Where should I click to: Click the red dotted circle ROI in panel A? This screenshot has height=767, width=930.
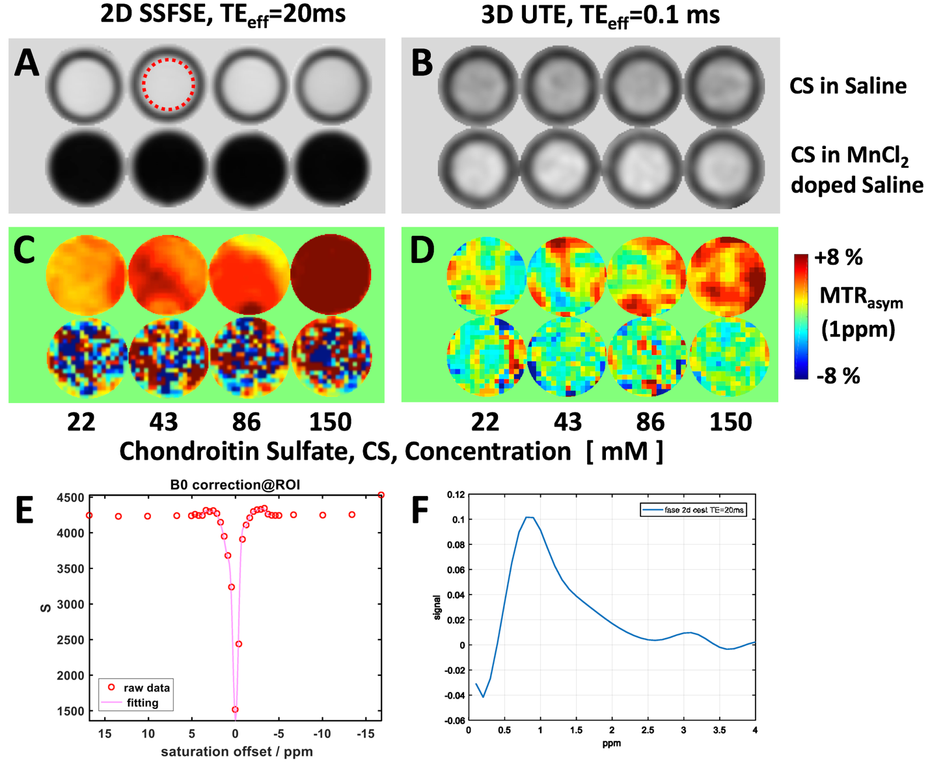[168, 85]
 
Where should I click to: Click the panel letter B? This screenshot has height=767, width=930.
[422, 63]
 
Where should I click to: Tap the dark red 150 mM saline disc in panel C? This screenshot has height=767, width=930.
[331, 273]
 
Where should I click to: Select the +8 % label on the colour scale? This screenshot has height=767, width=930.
[838, 257]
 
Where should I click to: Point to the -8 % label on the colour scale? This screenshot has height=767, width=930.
[838, 376]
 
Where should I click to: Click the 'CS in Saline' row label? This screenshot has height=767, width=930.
[847, 86]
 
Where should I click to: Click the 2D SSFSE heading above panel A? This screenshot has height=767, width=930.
[223, 14]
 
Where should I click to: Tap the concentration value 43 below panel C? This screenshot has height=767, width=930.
[163, 422]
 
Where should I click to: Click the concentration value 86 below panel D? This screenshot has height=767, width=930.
[650, 422]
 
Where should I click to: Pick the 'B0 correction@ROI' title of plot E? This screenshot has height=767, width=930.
[235, 484]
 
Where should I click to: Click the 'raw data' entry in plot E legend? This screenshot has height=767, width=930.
[146, 688]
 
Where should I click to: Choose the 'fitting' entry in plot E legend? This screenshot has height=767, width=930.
[142, 703]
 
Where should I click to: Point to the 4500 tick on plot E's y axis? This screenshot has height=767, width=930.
[70, 497]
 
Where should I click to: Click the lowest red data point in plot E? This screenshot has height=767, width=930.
[235, 710]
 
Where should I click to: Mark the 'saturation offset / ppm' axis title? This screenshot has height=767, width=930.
[236, 751]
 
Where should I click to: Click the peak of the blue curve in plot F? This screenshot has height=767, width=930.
[529, 517]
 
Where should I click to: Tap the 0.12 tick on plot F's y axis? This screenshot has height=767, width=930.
[456, 495]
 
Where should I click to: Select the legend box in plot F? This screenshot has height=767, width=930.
[694, 510]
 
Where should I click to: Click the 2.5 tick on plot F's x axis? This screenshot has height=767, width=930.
[648, 730]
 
